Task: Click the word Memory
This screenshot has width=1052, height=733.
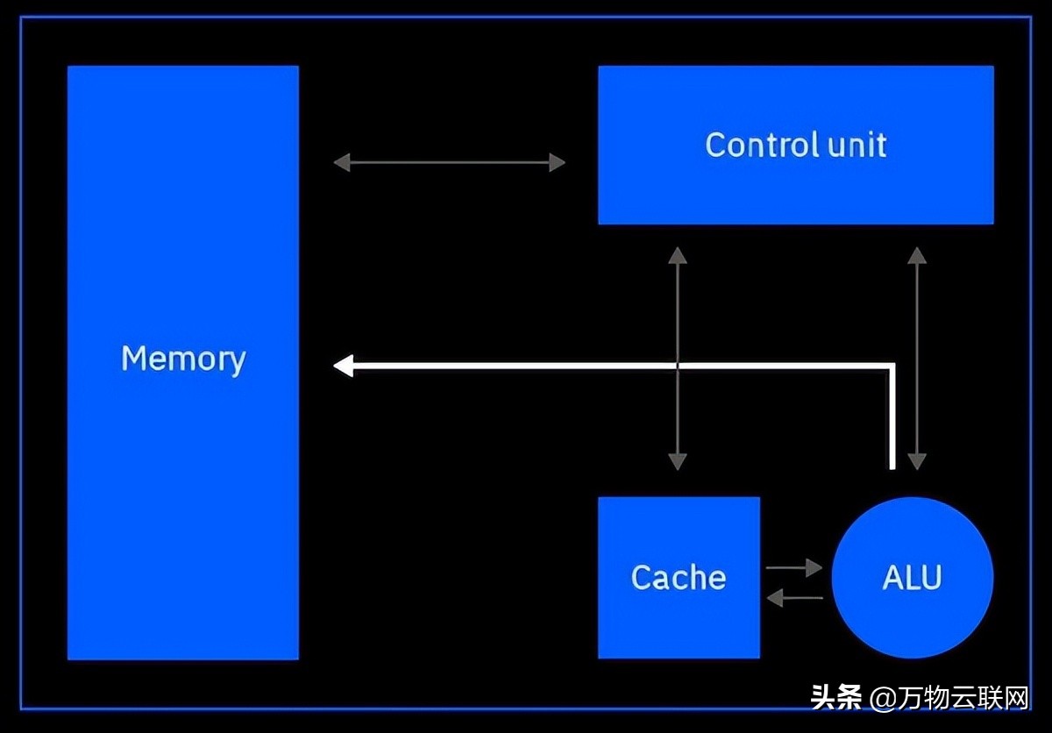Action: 183,359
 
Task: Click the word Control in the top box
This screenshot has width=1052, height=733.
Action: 762,144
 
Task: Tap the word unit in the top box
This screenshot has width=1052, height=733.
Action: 857,145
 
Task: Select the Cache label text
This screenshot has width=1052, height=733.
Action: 679,577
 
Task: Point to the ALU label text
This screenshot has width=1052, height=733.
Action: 912,577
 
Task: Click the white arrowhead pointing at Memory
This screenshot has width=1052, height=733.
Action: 344,366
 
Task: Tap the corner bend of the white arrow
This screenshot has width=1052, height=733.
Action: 892,366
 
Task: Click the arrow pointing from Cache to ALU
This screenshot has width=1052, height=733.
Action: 793,567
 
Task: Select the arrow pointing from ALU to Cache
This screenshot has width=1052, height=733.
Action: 794,598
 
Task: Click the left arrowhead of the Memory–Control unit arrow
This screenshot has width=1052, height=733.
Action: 341,162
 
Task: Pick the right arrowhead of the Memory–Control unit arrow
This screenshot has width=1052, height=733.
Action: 558,162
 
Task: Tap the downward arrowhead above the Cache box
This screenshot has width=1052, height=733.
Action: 677,462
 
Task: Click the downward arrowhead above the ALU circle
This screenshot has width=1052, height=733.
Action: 917,462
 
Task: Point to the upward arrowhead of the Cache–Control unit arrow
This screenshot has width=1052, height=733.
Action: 677,255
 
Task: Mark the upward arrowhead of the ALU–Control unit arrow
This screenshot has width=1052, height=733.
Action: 917,255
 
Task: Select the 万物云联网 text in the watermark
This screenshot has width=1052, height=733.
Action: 963,698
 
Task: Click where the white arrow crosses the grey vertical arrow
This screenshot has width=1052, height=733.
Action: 677,366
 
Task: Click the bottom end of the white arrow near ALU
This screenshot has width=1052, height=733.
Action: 892,468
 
